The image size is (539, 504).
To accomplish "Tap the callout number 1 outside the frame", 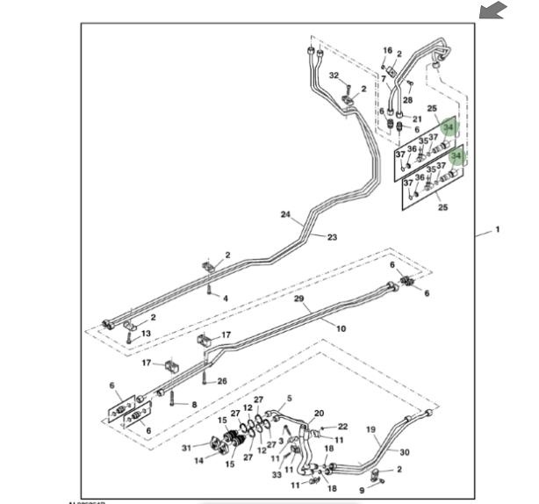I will (x=497, y=230).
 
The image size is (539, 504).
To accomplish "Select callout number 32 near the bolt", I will (x=334, y=76).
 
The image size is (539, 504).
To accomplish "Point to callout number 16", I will (x=387, y=51).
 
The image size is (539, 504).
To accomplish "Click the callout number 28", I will (x=407, y=100).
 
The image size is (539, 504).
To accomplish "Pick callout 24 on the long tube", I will (x=284, y=214).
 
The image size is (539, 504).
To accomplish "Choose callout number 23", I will (x=332, y=237).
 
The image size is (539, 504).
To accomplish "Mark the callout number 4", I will (x=226, y=299).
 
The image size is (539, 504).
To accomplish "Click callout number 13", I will (x=147, y=334).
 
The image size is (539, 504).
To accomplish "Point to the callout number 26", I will (x=222, y=380).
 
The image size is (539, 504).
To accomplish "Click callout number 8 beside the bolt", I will (x=194, y=405).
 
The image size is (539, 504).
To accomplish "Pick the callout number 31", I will (x=186, y=448).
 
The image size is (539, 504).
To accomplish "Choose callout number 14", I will (x=198, y=459).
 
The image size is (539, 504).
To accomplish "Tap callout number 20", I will (x=320, y=413).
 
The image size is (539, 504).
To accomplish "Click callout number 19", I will (x=370, y=430).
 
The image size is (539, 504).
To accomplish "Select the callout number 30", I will (x=405, y=452).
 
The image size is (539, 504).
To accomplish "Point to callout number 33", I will (x=276, y=475).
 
